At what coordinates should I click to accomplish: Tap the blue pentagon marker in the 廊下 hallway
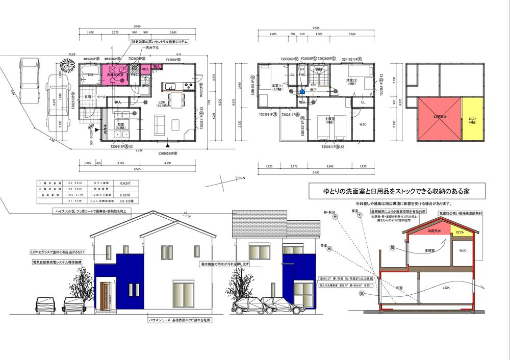(302, 92)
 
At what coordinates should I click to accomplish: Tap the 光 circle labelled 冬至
(329, 249)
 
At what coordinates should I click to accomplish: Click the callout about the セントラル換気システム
(161, 41)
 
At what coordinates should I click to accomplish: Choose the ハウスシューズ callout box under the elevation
(180, 320)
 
